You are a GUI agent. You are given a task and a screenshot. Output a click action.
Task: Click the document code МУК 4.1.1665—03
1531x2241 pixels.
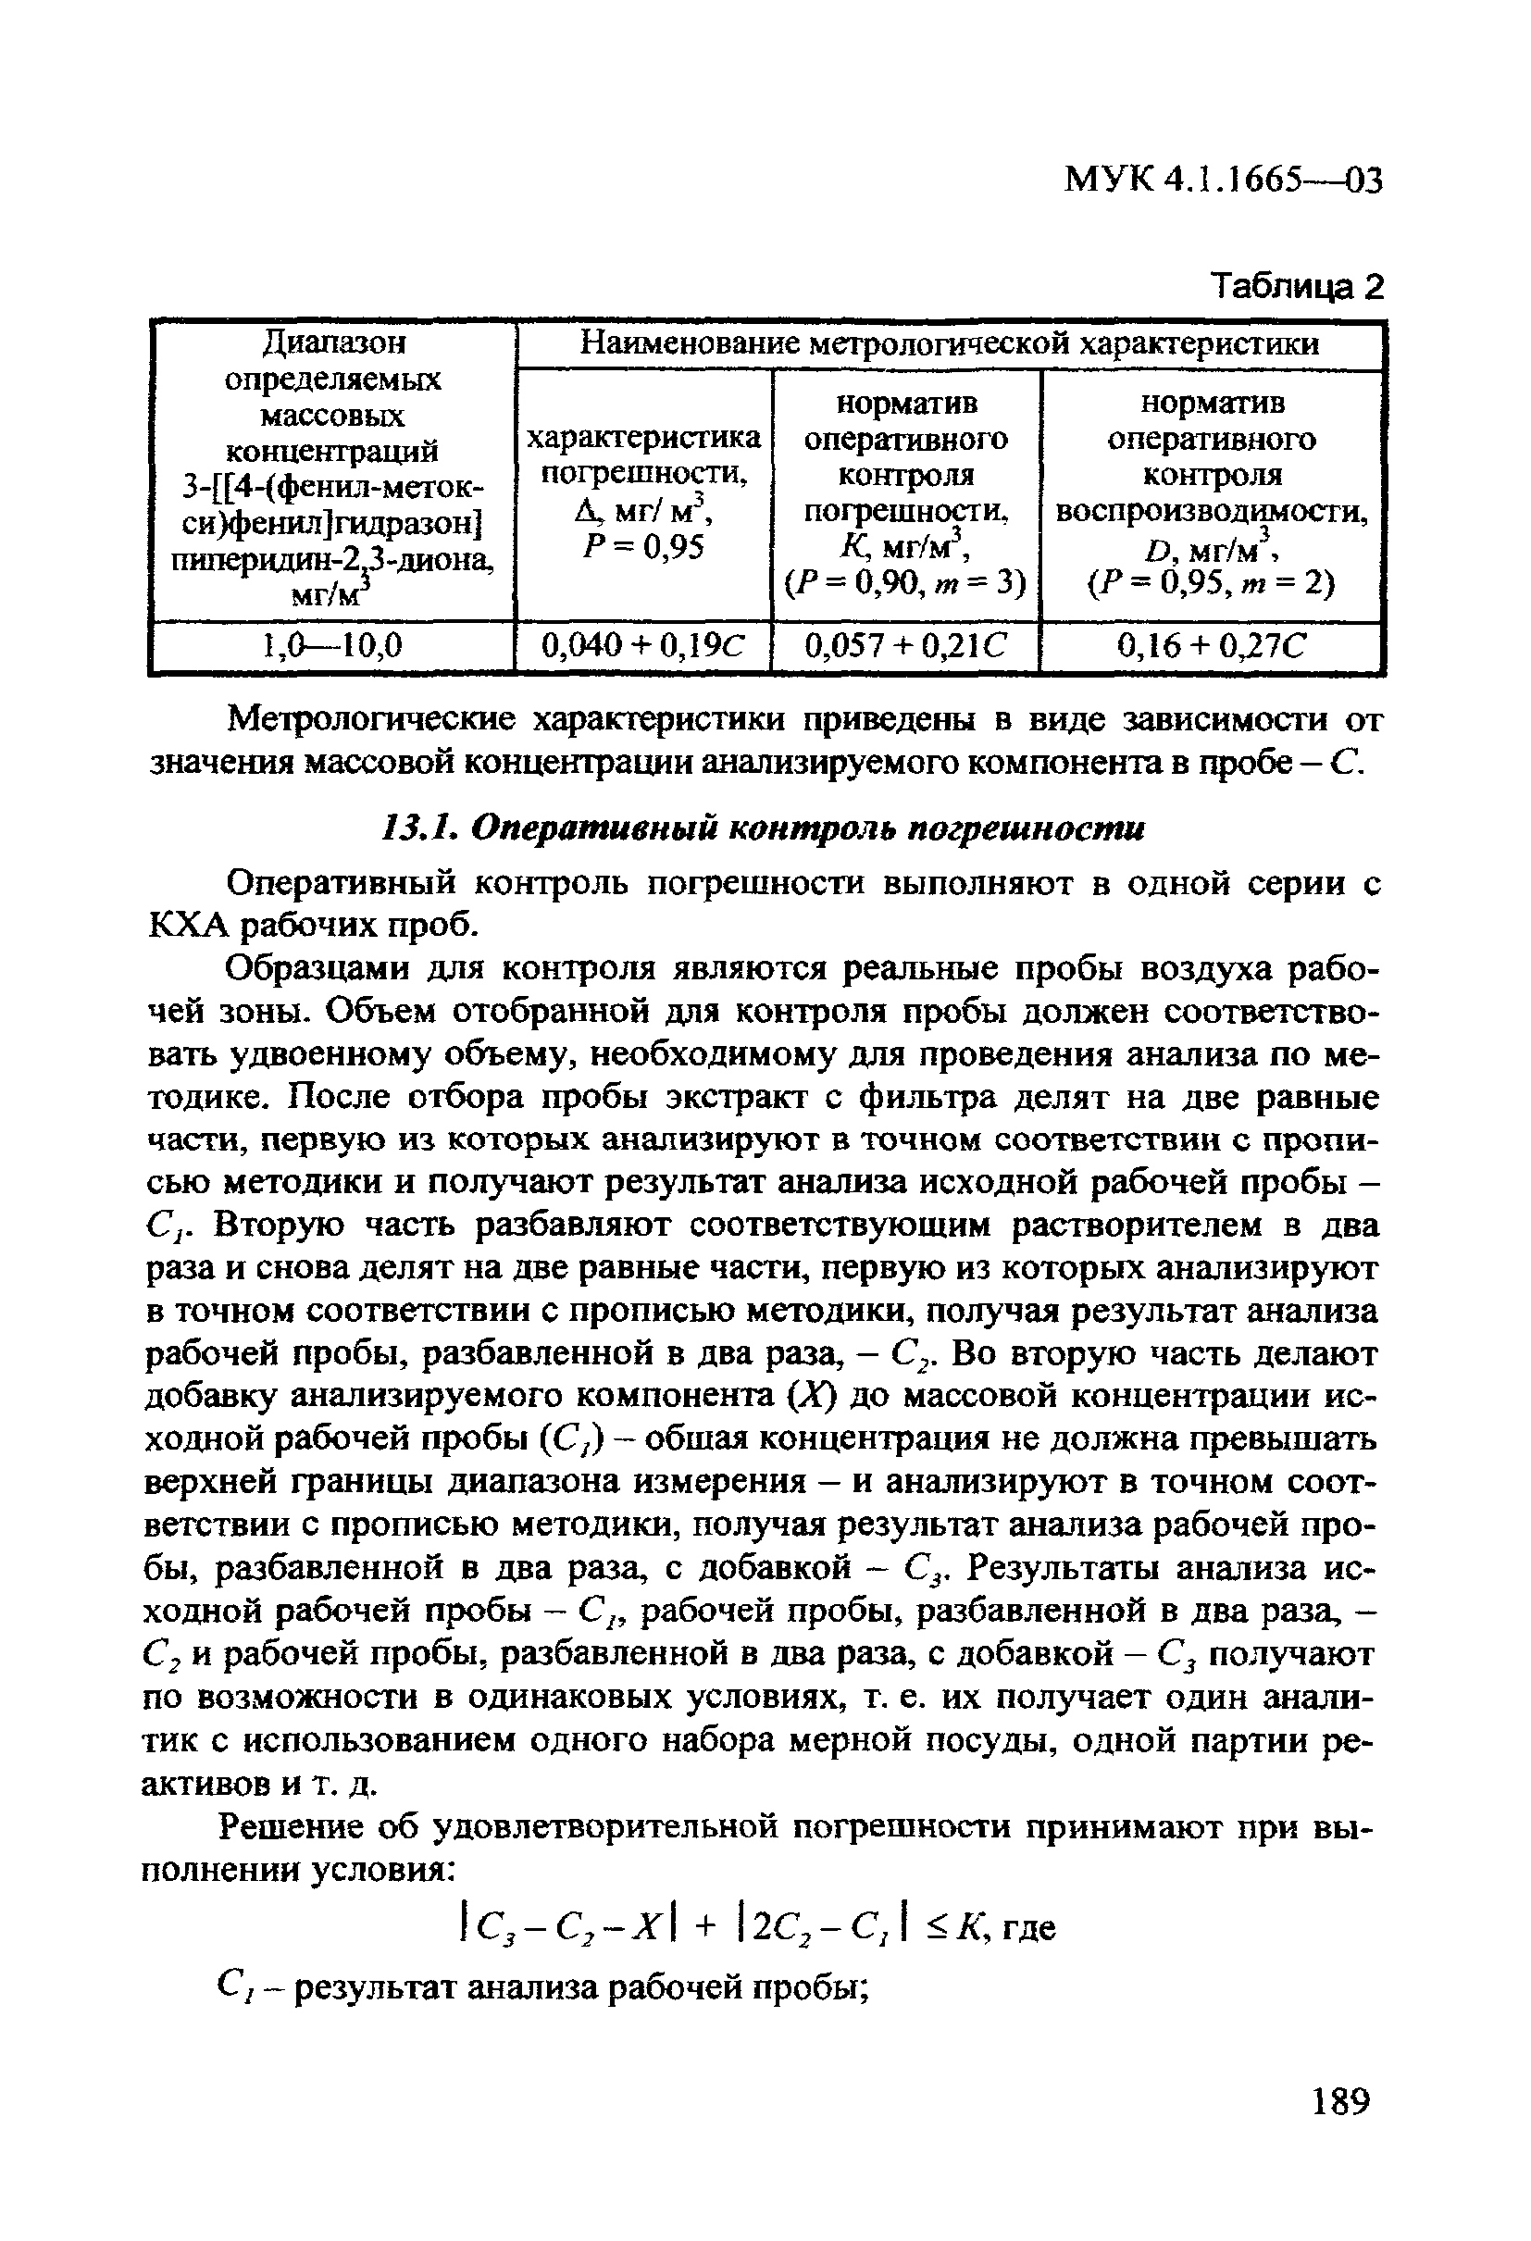[1224, 181]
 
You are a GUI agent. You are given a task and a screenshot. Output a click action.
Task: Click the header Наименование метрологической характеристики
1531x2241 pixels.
[950, 343]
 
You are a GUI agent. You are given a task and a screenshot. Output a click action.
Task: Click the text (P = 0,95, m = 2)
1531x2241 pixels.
[1211, 583]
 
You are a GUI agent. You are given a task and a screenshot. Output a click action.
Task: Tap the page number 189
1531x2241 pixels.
[1340, 2127]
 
